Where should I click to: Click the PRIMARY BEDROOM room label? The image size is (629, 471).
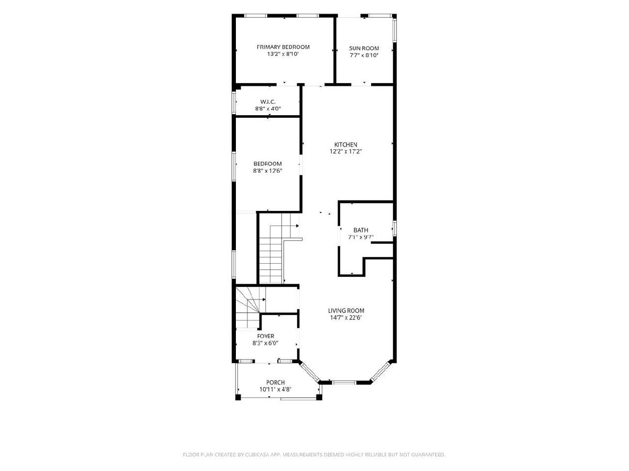pos(283,47)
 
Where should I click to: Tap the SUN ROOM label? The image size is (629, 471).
pos(364,48)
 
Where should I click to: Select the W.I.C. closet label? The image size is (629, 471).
pos(268,102)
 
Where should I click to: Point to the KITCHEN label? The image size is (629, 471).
pos(345,145)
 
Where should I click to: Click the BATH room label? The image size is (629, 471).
pos(361,230)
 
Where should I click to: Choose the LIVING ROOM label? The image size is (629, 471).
pos(346,310)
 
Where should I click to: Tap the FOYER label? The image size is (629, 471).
pos(266,336)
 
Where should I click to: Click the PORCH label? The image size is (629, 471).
pos(275,383)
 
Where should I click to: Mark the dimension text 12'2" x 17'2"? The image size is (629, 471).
pos(345,152)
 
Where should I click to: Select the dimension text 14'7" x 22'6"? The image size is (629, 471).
pos(346,318)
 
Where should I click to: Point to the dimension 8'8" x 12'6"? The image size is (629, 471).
pos(268,171)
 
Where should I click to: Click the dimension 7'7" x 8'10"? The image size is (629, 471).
pos(364,55)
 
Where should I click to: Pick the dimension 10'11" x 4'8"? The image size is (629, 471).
pos(275,389)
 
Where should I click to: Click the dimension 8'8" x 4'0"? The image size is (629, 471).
pos(268,109)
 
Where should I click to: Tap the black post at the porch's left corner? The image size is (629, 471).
pos(238,397)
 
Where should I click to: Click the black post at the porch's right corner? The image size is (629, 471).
pos(319,397)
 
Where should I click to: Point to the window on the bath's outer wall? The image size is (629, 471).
pos(395,228)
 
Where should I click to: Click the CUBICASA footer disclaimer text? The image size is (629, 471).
pos(314,454)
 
